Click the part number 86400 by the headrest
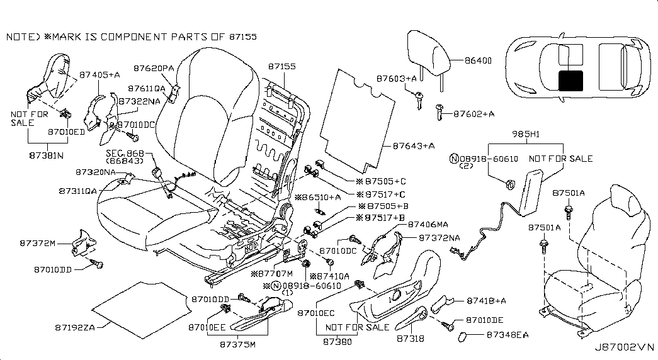[479, 61]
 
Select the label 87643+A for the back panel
[414, 146]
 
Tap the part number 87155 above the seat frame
[282, 65]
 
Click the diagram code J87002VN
[624, 346]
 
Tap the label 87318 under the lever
[409, 339]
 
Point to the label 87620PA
[154, 67]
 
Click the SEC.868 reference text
[125, 154]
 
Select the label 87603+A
[397, 79]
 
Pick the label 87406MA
[429, 224]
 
